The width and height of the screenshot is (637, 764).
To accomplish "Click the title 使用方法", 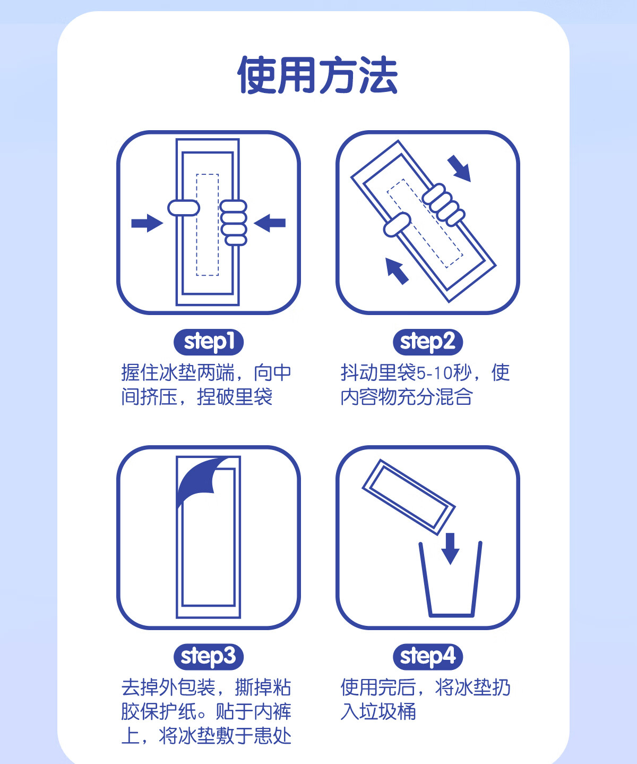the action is click(317, 75).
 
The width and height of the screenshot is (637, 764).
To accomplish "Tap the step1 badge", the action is click(209, 342).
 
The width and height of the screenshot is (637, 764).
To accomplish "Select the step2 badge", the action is click(428, 342).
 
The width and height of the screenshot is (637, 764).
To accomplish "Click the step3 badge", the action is click(209, 657).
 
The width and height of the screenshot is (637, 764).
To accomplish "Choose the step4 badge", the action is click(428, 657).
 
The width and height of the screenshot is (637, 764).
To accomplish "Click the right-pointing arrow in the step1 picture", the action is click(147, 223).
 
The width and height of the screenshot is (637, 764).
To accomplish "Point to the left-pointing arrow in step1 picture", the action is click(270, 223).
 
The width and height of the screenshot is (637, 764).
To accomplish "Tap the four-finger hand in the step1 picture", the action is click(233, 223).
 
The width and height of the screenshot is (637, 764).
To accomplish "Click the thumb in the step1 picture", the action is click(184, 208).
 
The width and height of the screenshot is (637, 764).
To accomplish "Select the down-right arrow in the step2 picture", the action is click(460, 168).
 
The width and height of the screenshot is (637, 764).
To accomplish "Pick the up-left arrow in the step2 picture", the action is click(397, 271).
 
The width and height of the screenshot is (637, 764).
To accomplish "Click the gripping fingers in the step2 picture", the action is click(443, 204).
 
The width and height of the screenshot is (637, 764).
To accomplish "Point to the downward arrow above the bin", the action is click(450, 549).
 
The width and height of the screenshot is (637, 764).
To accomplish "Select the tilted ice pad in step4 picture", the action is click(409, 497).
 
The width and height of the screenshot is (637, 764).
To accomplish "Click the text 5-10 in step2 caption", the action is click(434, 373).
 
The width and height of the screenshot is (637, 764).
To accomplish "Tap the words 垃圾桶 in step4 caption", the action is click(388, 712).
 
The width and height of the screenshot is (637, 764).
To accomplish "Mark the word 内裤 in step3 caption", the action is click(273, 712).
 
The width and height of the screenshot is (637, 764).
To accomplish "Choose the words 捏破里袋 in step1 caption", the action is click(235, 397).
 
